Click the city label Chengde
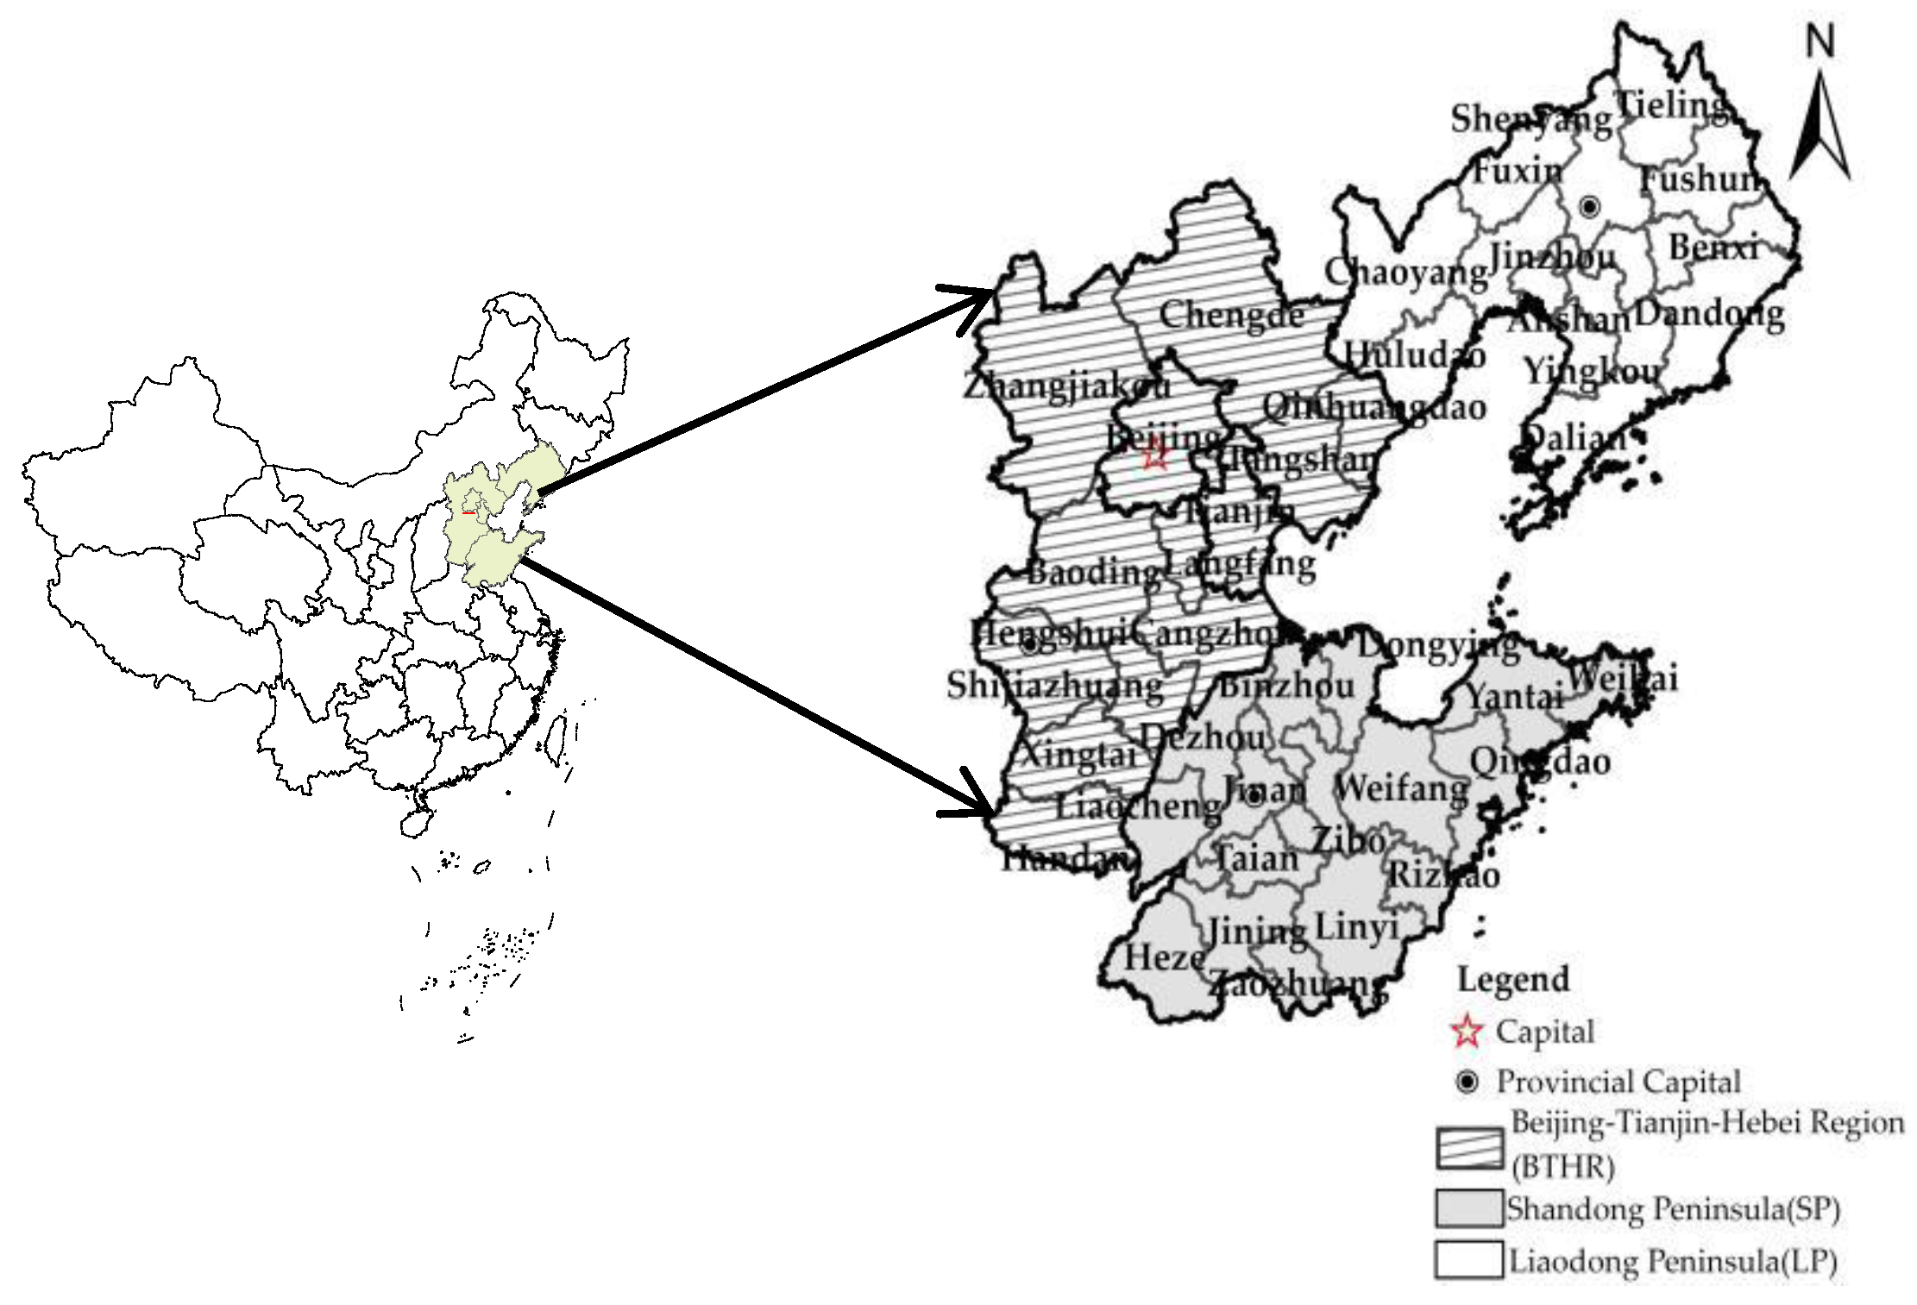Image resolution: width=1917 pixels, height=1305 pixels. coord(1230,315)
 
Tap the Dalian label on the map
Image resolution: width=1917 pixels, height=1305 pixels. coord(1574,437)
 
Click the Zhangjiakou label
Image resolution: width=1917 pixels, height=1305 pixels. coord(1066,386)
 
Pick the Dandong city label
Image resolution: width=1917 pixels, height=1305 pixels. coord(1709,314)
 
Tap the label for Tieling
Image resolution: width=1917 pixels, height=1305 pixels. coord(1671,106)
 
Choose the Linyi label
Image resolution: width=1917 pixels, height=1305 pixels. coord(1355,928)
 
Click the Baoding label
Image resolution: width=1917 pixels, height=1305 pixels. coord(1093,572)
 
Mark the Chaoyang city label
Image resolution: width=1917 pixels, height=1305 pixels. coord(1405,273)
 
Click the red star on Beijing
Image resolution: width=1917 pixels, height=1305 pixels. coord(1156,455)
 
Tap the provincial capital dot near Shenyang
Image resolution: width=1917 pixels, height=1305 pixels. coord(1589,206)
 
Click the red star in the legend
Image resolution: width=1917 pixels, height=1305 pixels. coord(1467,1031)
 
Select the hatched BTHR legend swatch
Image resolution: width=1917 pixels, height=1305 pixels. coord(1469,1148)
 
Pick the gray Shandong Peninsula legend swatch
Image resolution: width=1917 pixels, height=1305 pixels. coord(1469,1208)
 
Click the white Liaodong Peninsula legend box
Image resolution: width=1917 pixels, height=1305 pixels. coord(1469,1259)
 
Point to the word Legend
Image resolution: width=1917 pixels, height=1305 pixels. coord(1512,980)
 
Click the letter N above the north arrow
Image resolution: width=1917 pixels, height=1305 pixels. coord(1820,41)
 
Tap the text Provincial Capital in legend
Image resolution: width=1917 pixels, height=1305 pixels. coord(1618,1082)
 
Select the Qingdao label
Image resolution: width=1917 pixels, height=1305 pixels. coord(1540,762)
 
